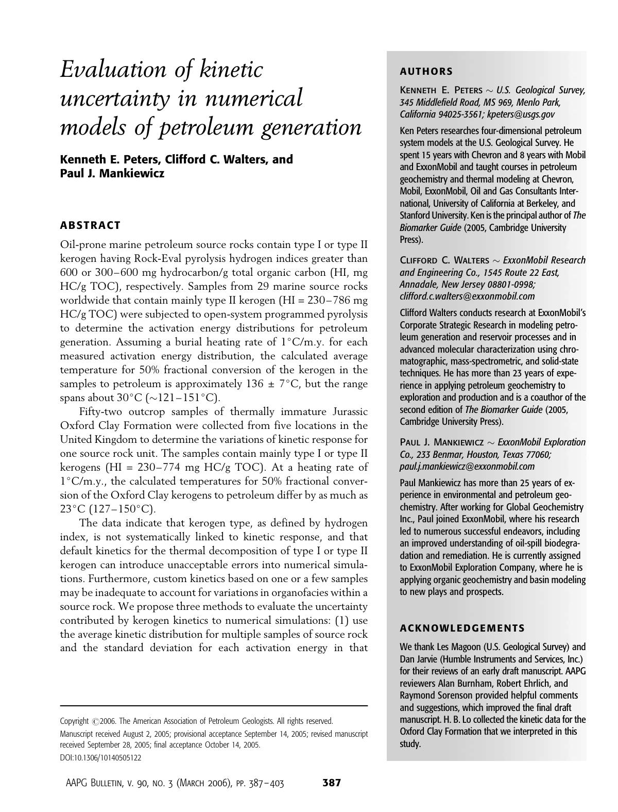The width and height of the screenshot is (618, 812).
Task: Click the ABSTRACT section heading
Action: (x=90, y=225)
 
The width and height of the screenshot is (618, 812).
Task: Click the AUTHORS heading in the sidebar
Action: (x=426, y=72)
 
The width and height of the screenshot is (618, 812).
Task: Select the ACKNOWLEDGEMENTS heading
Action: (x=462, y=628)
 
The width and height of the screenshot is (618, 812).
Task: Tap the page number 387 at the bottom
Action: (x=332, y=783)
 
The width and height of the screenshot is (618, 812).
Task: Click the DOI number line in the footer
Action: (x=100, y=758)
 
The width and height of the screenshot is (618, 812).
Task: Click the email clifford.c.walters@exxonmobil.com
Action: (x=467, y=296)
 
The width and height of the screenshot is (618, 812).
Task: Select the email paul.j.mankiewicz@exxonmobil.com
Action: (x=467, y=467)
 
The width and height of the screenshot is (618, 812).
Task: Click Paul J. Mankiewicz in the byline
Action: (x=112, y=173)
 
